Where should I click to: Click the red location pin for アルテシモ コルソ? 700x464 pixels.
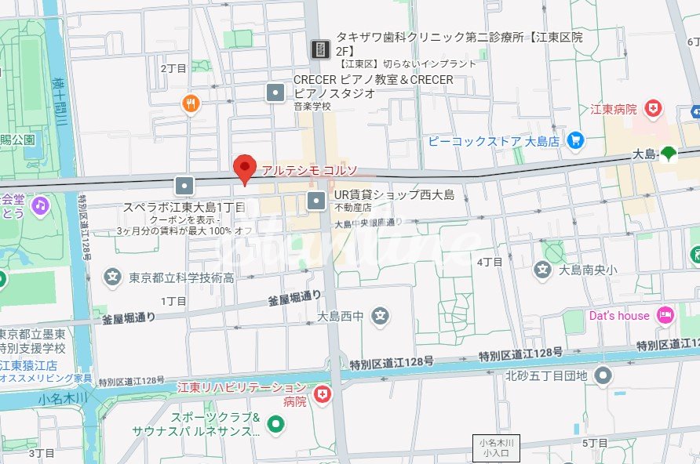click(x=246, y=168)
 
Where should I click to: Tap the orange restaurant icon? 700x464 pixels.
click(x=191, y=103)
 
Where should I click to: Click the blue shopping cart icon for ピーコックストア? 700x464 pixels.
click(x=576, y=141)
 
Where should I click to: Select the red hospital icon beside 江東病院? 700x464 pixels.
click(x=651, y=109)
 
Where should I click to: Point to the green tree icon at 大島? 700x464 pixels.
click(x=669, y=154)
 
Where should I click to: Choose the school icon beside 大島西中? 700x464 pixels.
click(x=381, y=317)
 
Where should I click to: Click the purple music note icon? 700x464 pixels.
click(x=39, y=205)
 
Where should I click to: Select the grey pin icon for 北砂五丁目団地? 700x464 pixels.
click(x=603, y=376)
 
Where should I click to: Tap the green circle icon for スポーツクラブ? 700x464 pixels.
click(x=275, y=425)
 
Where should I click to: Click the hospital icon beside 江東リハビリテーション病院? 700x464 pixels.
click(x=321, y=394)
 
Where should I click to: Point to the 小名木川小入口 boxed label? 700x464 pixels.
click(x=496, y=447)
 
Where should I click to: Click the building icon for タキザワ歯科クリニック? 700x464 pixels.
click(x=320, y=49)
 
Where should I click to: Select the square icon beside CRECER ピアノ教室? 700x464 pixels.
click(x=276, y=92)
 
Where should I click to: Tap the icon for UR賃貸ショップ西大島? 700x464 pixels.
click(x=316, y=201)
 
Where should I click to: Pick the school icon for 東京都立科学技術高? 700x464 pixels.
click(x=113, y=277)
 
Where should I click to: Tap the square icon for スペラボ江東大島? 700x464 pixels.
click(x=184, y=186)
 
